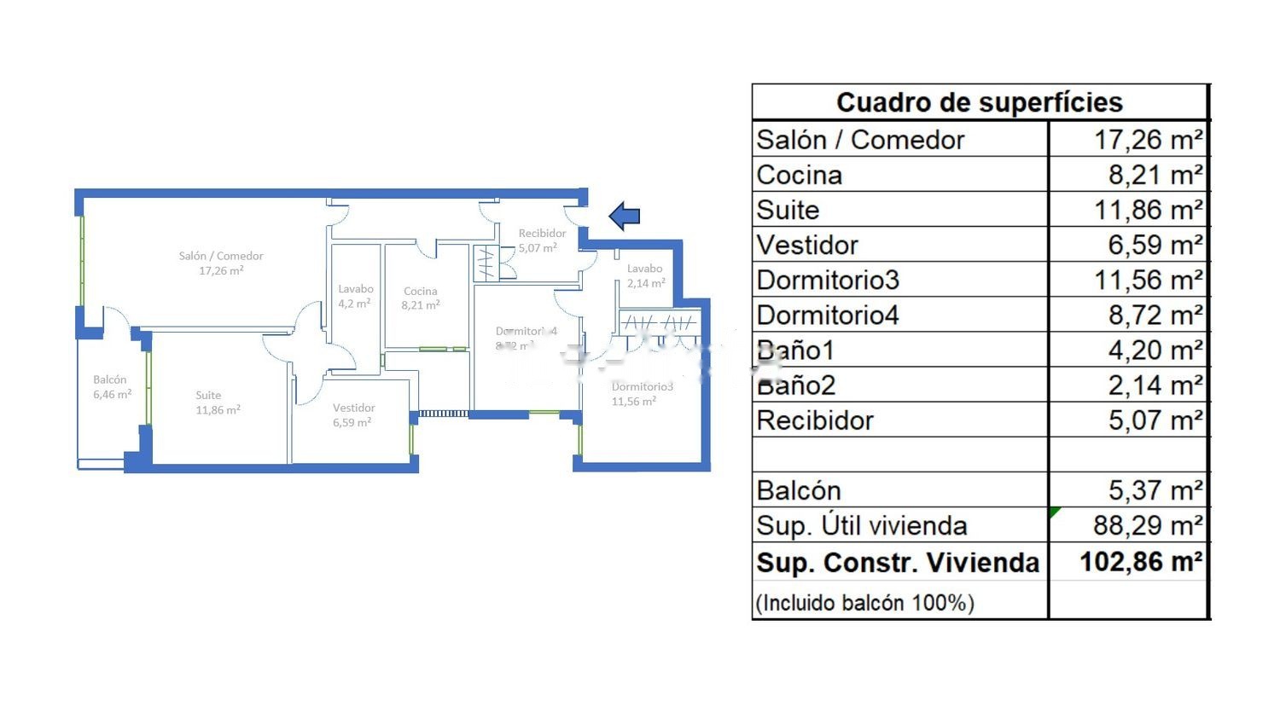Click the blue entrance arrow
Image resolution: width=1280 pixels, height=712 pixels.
coord(625,217)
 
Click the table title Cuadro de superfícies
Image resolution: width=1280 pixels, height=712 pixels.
coord(979,102)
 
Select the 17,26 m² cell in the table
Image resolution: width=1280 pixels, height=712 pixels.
coord(1148,140)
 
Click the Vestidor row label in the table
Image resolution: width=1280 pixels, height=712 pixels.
coord(807,246)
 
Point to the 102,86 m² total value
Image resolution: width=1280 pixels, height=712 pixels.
coord(1141,562)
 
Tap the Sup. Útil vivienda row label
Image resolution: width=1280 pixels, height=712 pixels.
coord(862,526)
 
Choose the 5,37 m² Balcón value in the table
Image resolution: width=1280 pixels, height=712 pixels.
coord(1155,490)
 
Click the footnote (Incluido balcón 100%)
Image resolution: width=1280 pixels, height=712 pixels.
coord(864,603)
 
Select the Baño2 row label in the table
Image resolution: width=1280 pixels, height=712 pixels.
coord(796,385)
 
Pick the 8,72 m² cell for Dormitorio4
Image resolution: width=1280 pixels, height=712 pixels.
coord(1155,315)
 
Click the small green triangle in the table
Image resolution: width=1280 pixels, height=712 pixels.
coord(1055,512)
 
